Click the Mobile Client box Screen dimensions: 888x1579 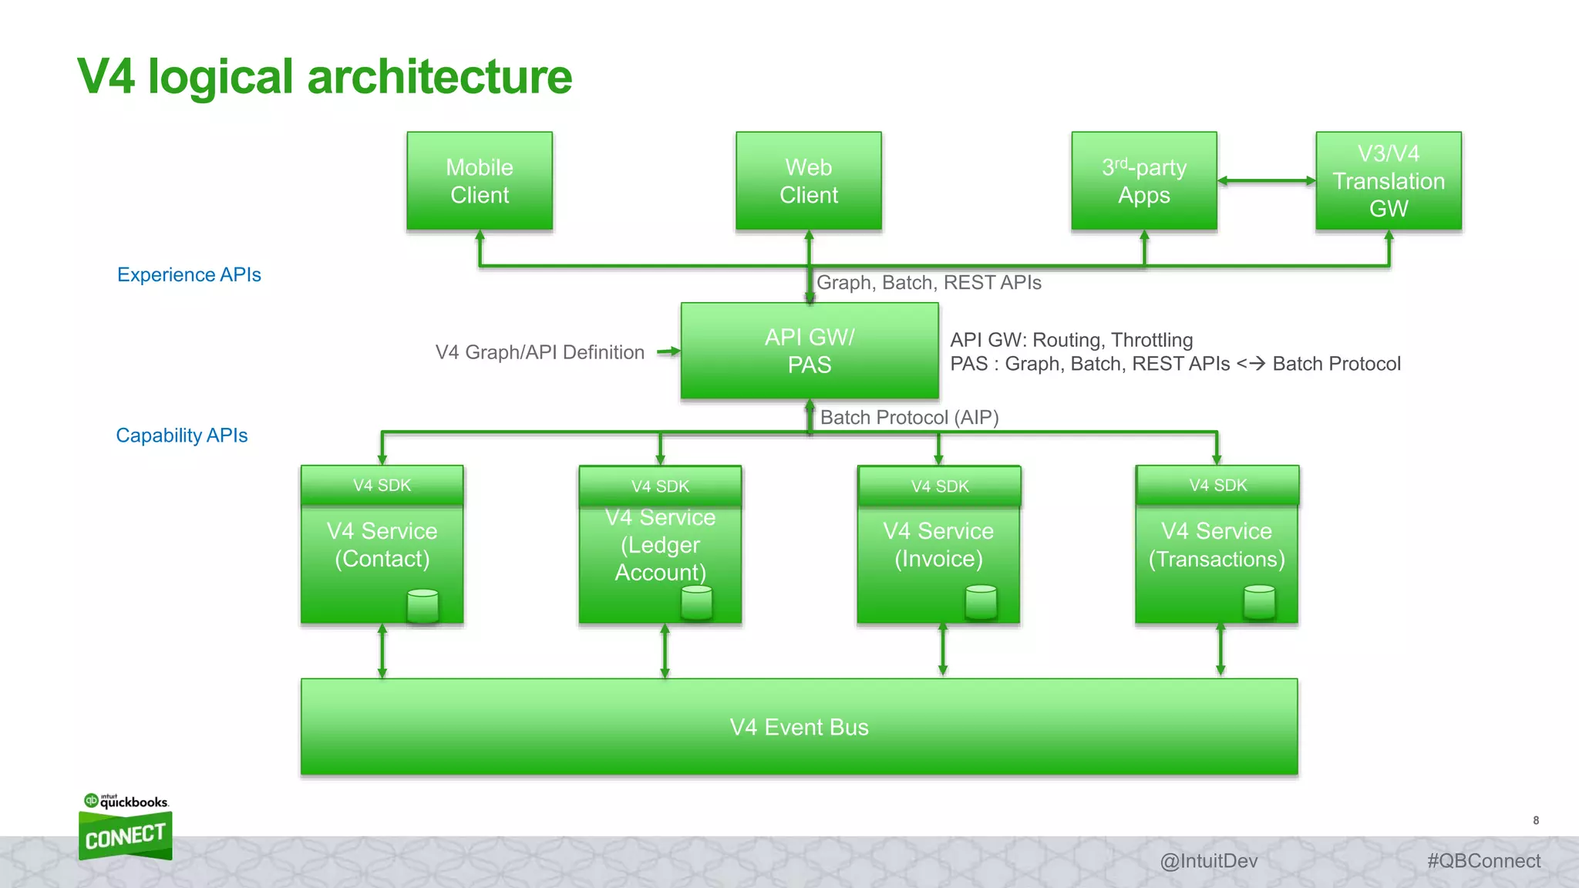tap(480, 181)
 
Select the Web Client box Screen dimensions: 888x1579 tap(808, 181)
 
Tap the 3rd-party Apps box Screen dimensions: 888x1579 tap(1144, 181)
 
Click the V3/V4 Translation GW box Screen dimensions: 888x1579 tap(1389, 181)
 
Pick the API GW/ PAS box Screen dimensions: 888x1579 tap(810, 351)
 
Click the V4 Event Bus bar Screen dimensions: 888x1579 tap(799, 727)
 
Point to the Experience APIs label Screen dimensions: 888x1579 tap(189, 275)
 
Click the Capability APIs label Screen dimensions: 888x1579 tap(182, 436)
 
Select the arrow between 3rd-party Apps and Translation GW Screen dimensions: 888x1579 tap(1266, 181)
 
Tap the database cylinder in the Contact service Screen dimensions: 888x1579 tap(423, 606)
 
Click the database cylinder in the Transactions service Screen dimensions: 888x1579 tap(1259, 602)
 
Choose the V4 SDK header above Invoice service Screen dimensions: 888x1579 tap(939, 486)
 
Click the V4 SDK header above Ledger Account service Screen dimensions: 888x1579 tap(660, 486)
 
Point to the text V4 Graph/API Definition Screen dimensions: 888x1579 tap(540, 352)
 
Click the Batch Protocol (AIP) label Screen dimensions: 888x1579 tap(909, 418)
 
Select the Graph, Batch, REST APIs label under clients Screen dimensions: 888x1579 tap(928, 283)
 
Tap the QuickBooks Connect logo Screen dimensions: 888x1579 tap(126, 829)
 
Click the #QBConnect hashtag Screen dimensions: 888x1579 tap(1483, 861)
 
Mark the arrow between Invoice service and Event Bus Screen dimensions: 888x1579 tap(942, 650)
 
